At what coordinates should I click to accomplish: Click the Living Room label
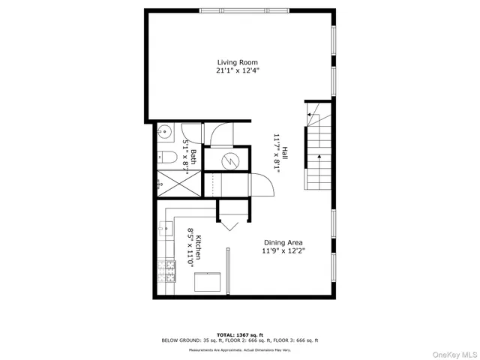click(x=237, y=62)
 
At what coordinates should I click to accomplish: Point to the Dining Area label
click(x=283, y=242)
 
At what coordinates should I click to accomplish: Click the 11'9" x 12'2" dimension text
click(x=283, y=251)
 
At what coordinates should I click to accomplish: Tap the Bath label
click(x=193, y=156)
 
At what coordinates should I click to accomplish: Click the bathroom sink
click(x=163, y=132)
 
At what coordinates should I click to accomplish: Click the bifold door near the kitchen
click(x=228, y=223)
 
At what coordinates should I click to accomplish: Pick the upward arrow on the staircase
click(x=320, y=157)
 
